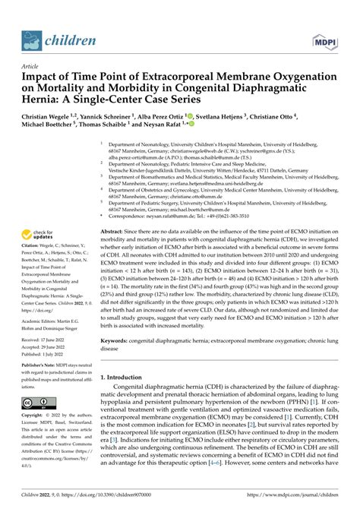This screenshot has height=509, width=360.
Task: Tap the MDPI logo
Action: [x=323, y=37]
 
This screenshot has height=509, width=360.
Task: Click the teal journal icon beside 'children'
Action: [x=31, y=37]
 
